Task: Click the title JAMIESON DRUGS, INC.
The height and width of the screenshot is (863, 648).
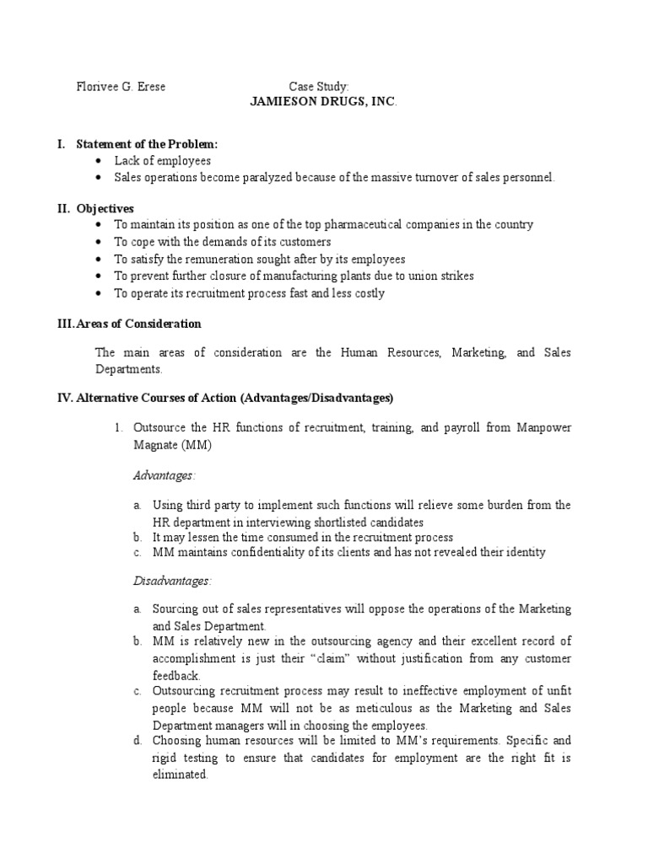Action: click(x=323, y=101)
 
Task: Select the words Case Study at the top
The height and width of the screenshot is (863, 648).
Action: click(x=319, y=87)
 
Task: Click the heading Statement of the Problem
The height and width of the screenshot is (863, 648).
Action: click(x=147, y=145)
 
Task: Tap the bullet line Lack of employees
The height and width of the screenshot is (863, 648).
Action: click(x=163, y=160)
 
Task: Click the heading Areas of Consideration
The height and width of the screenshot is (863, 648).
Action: click(x=138, y=324)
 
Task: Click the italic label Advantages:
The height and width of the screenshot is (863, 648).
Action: click(x=164, y=476)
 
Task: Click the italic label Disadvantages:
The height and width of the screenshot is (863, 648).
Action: click(x=173, y=581)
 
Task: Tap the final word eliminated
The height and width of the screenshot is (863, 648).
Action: click(x=180, y=775)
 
